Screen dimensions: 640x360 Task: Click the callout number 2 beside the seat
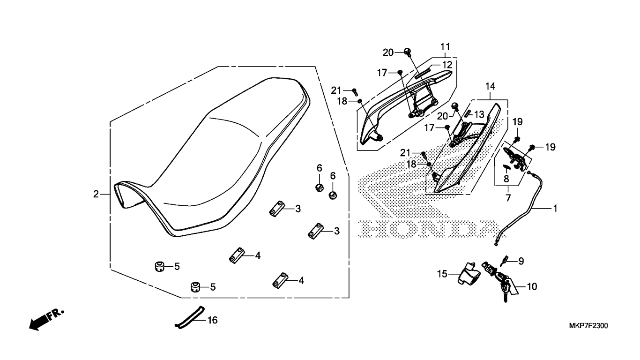coord(96,194)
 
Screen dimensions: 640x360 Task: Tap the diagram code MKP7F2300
coord(588,326)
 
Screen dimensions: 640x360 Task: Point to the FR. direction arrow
coord(46,319)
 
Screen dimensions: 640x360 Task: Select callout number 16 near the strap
coord(213,320)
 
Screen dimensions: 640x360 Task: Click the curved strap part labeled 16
coord(190,317)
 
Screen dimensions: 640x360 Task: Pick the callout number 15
coord(442,274)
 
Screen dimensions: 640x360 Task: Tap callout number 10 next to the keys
coord(532,286)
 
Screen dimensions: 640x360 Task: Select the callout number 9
coord(521,261)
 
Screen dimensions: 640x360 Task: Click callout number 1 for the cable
coord(555,209)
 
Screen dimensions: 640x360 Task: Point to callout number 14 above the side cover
coord(490,86)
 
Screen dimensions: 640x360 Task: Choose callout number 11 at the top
coord(445,46)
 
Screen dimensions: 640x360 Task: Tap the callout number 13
coord(479,115)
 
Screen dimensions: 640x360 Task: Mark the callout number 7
coord(508,198)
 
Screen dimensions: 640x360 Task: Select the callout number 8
coord(506,179)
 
